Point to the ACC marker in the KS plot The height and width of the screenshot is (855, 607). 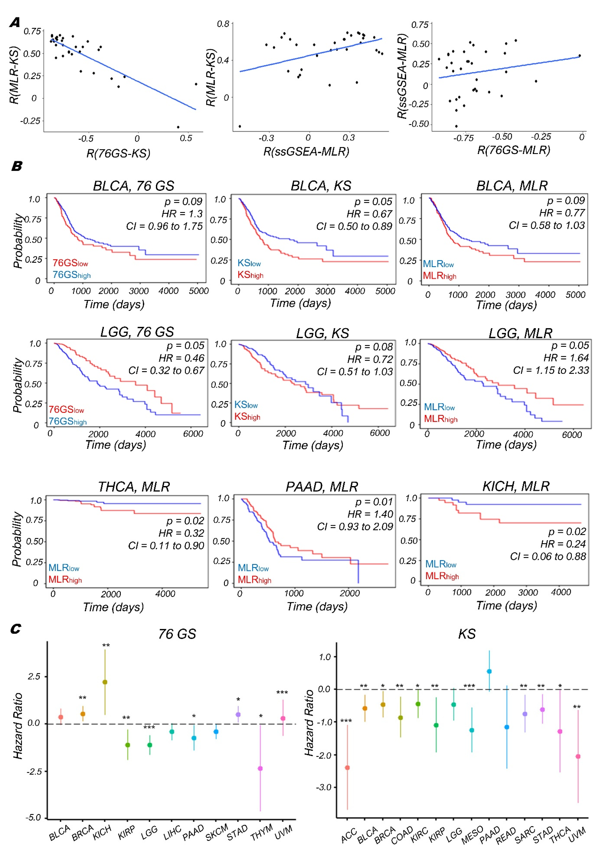(347, 765)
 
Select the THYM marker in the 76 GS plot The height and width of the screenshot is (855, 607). (260, 768)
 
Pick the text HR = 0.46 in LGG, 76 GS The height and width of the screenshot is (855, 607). (182, 358)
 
